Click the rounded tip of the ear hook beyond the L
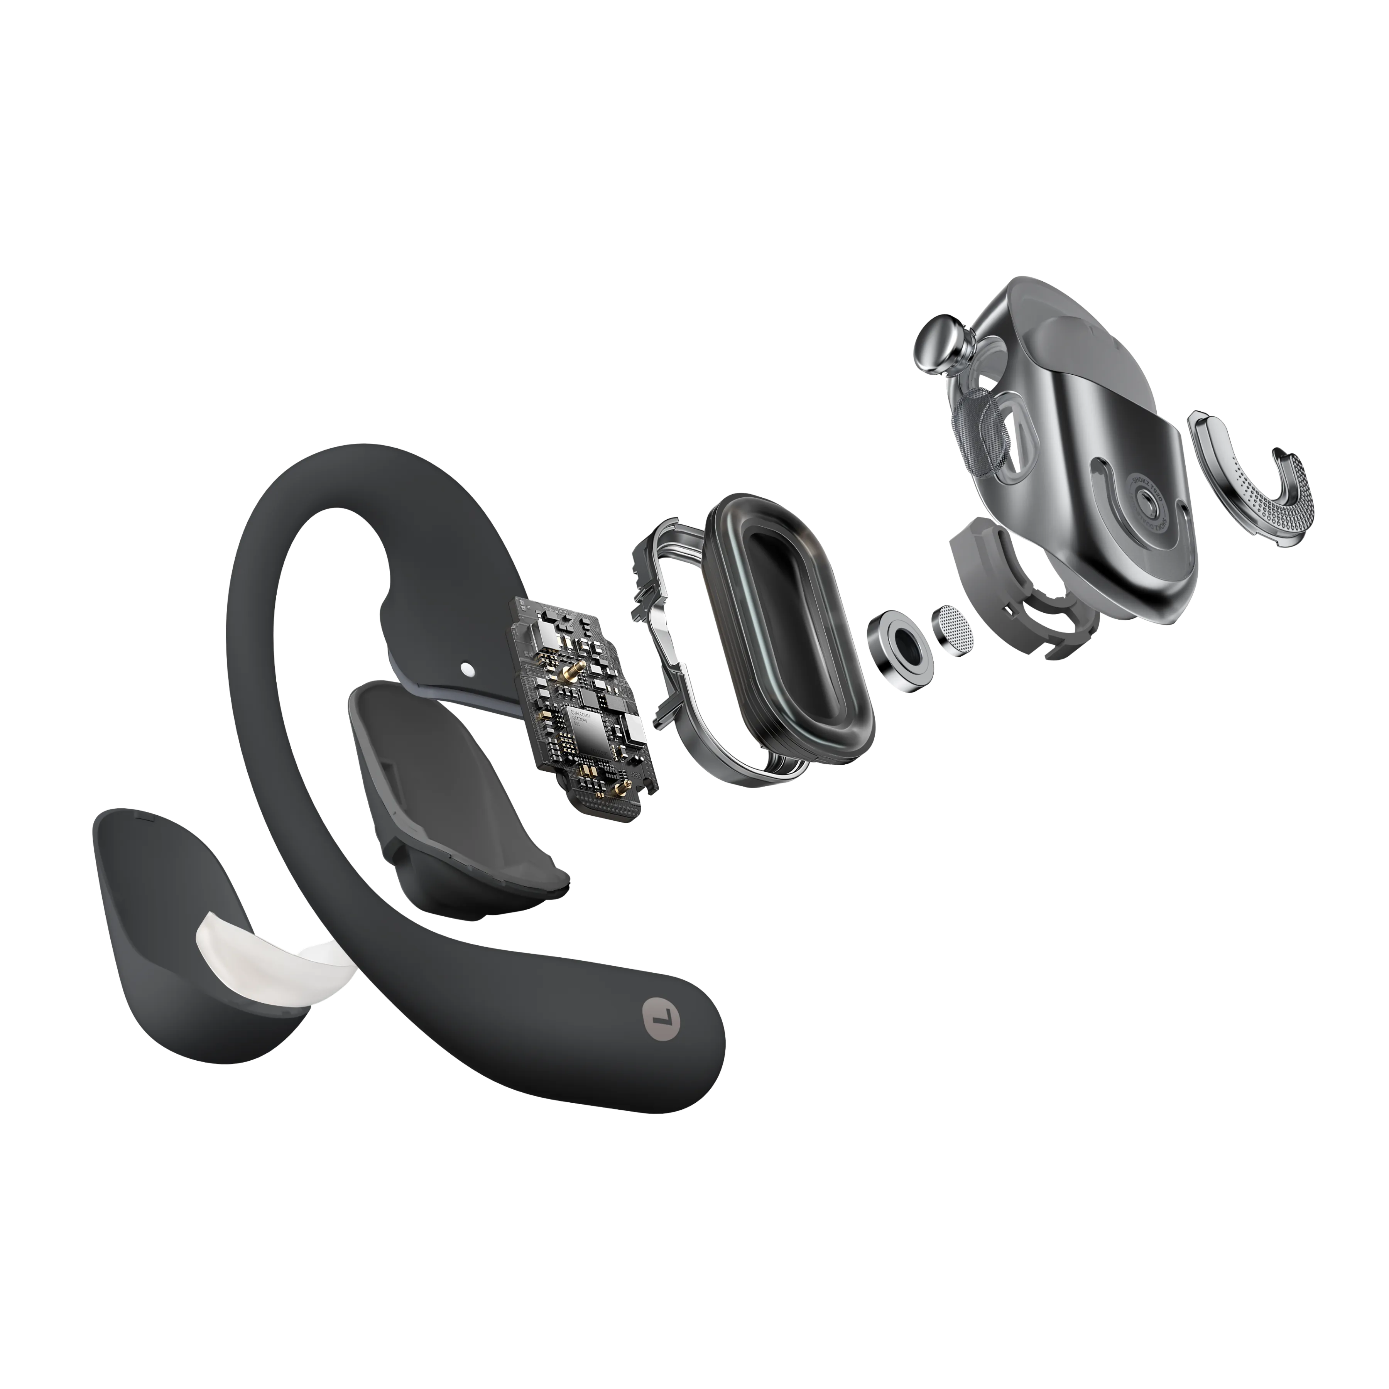(697, 1043)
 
